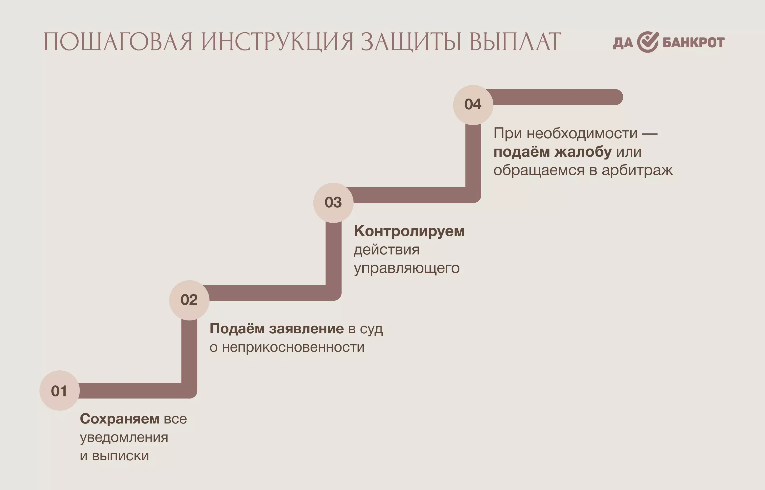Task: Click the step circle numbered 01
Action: [x=59, y=390]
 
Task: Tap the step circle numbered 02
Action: [x=189, y=300]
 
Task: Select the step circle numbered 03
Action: [x=333, y=203]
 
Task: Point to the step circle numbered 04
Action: [x=473, y=105]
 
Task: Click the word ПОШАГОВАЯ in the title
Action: [x=118, y=42]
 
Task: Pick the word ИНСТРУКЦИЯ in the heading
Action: [x=277, y=42]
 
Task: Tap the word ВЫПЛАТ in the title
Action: [x=515, y=42]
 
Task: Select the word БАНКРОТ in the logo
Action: [x=694, y=42]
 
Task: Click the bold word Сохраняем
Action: [x=119, y=419]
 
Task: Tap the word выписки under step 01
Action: [x=120, y=456]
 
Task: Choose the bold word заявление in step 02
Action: [x=306, y=329]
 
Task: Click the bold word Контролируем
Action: [x=409, y=231]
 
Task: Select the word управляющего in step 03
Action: [x=407, y=268]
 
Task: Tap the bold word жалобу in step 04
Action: [x=583, y=152]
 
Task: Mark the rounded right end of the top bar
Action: [x=623, y=97]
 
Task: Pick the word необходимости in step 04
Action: [x=582, y=133]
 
